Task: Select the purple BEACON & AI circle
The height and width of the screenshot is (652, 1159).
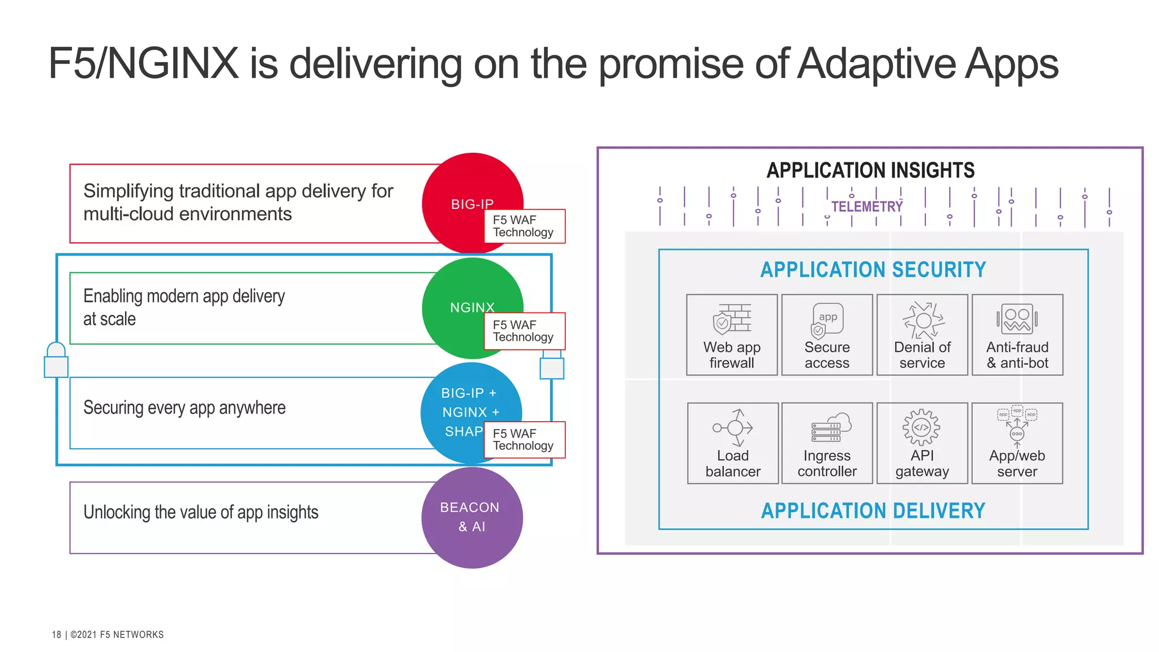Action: pyautogui.click(x=472, y=517)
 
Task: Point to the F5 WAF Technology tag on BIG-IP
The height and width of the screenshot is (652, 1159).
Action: pyautogui.click(x=524, y=226)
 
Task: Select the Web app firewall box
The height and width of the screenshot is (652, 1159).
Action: pyautogui.click(x=732, y=334)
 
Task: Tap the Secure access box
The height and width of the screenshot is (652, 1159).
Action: pyautogui.click(x=827, y=334)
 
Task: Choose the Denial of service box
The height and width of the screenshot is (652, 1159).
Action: pyautogui.click(x=922, y=334)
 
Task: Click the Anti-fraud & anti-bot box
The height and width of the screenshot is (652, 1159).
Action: pyautogui.click(x=1017, y=334)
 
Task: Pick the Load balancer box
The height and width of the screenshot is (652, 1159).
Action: pyautogui.click(x=733, y=443)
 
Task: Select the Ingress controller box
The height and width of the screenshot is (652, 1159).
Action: pyautogui.click(x=827, y=443)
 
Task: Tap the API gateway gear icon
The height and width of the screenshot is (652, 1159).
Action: pyautogui.click(x=921, y=427)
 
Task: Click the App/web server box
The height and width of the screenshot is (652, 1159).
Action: pyautogui.click(x=1017, y=443)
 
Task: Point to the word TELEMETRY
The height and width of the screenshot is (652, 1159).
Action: pyautogui.click(x=866, y=207)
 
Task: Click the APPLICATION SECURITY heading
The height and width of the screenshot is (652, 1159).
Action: pyautogui.click(x=873, y=270)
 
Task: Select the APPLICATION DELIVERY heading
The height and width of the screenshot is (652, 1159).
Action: pyautogui.click(x=873, y=511)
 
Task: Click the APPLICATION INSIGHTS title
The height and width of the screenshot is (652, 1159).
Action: pyautogui.click(x=870, y=170)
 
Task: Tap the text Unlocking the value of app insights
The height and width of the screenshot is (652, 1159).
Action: pyautogui.click(x=201, y=512)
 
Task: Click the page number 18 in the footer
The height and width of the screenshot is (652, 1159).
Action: pyautogui.click(x=56, y=634)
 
